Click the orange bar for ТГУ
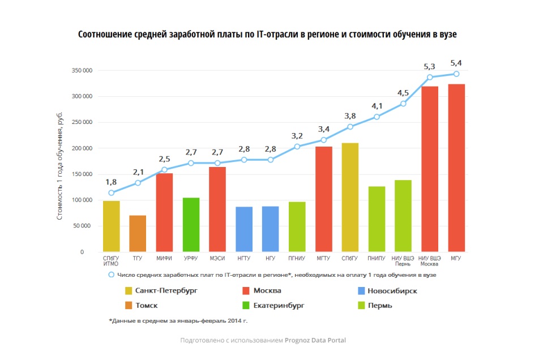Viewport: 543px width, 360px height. pos(138,233)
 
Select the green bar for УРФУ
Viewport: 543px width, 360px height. pos(191,225)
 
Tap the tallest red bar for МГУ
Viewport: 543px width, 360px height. pos(456,168)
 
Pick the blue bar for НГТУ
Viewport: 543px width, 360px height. pos(244,229)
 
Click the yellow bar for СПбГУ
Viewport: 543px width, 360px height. pos(350,197)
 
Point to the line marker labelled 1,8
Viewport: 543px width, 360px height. pos(112,193)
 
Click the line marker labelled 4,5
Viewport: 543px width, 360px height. pos(403,104)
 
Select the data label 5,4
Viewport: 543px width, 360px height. pos(456,63)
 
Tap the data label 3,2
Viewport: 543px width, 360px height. pos(297,136)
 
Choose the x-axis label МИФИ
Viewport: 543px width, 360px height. pos(164,258)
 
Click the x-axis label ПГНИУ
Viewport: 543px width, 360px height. pos(297,258)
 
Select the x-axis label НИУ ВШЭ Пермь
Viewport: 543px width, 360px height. pos(403,261)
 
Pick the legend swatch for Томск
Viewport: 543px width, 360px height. pos(129,306)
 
